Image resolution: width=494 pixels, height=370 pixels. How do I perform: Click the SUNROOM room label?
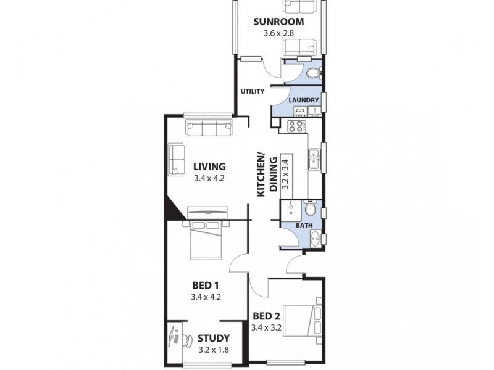point(278,22)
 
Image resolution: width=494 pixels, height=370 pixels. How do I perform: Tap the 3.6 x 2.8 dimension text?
point(278,35)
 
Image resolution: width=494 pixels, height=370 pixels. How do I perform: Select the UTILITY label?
point(253,92)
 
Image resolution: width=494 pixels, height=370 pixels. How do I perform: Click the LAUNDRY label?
point(303,100)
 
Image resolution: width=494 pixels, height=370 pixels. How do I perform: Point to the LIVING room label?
point(209,166)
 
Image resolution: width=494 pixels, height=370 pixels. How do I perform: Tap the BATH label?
point(303,226)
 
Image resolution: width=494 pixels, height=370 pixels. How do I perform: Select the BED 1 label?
point(207,286)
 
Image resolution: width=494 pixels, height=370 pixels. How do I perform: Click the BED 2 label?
point(267,317)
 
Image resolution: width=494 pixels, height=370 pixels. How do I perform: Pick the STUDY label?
point(214,338)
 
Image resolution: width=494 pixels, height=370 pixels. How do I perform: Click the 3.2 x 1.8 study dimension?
point(214,350)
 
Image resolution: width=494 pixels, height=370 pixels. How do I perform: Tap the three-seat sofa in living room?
point(210,128)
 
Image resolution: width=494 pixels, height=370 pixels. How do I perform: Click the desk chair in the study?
point(178,338)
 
